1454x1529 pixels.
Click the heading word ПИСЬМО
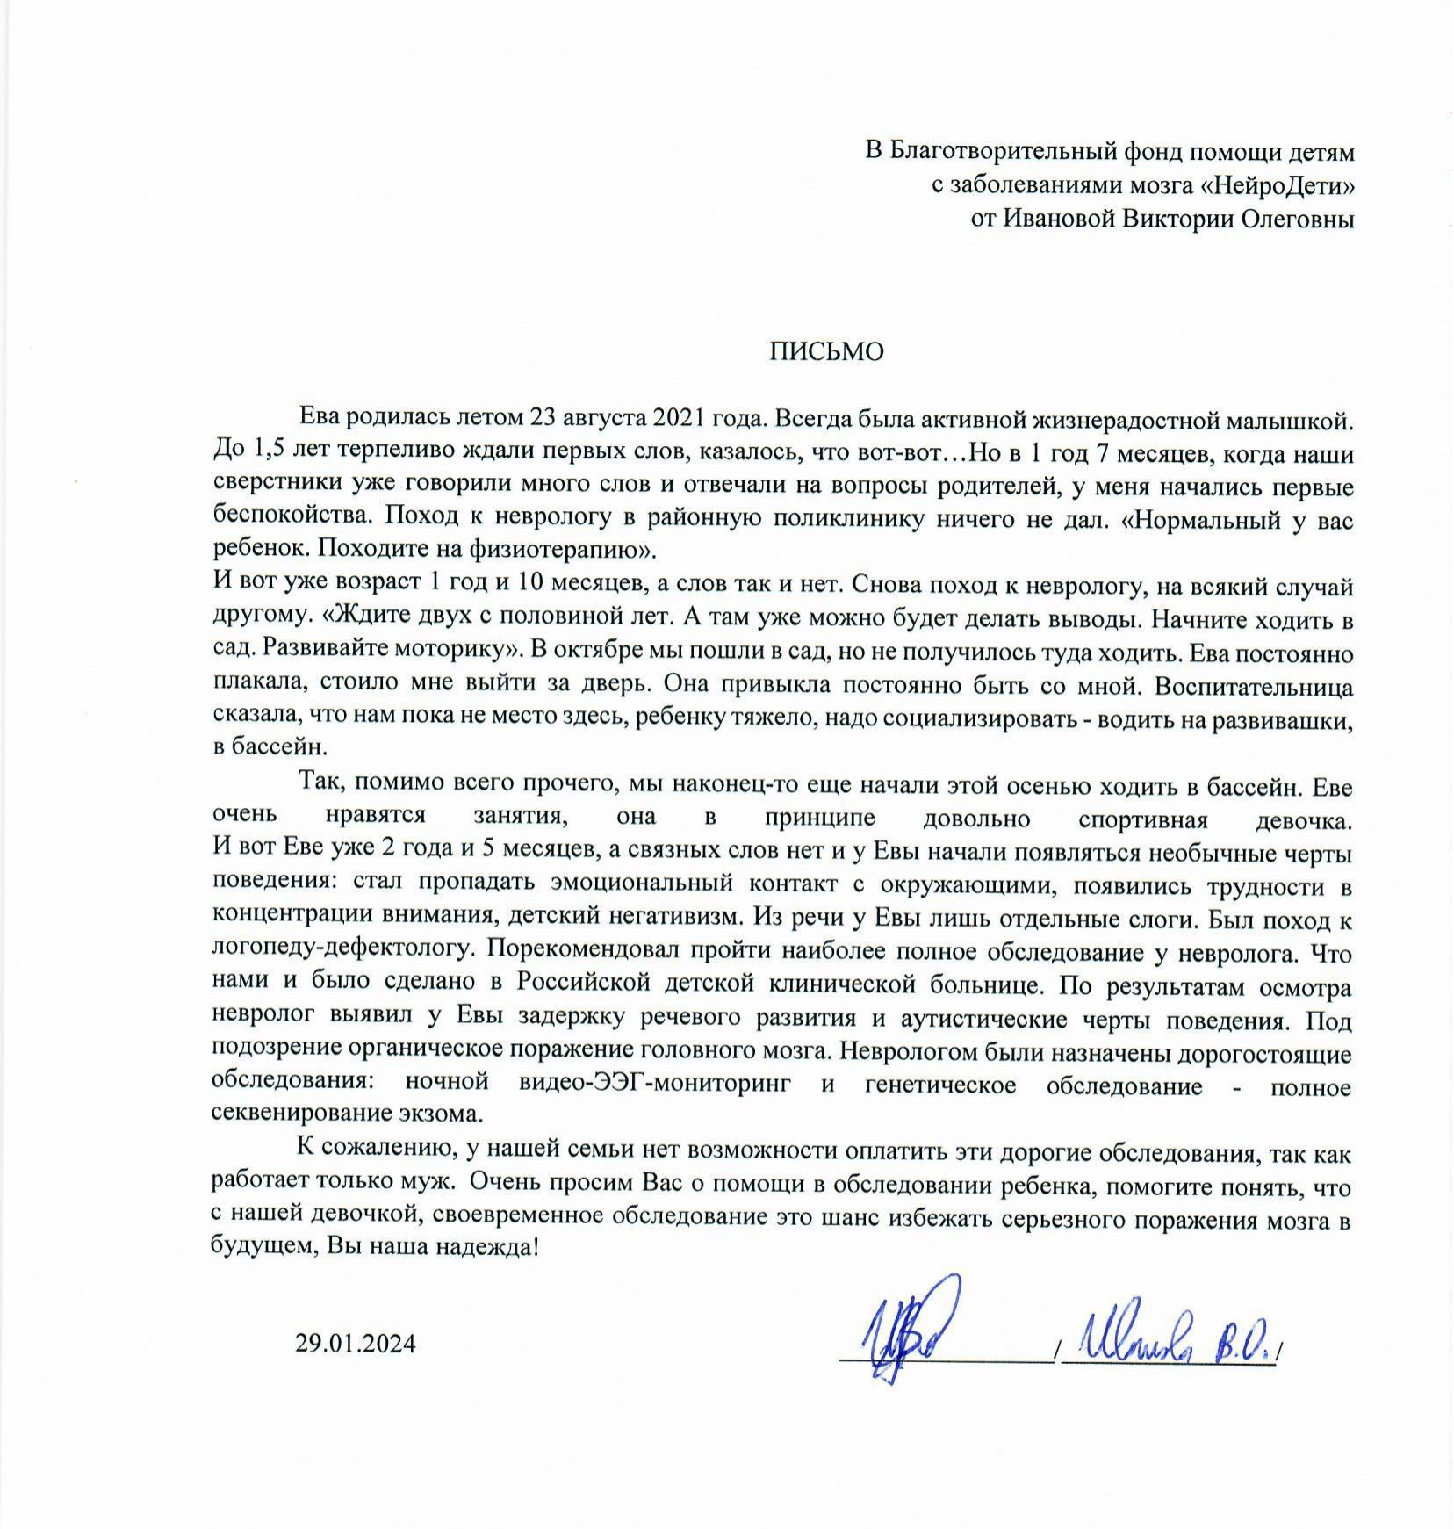827,351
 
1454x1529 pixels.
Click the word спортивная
1142,819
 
